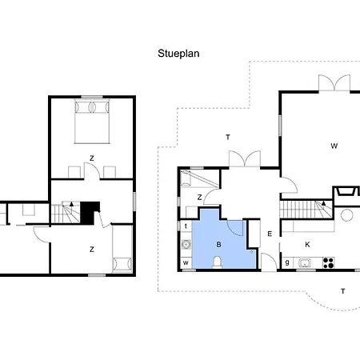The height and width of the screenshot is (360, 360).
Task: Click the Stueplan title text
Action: [178, 54]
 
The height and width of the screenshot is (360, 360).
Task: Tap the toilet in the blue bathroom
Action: [218, 262]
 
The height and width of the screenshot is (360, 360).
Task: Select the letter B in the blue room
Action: [218, 244]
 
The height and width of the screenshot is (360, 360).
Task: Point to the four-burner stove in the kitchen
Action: [329, 262]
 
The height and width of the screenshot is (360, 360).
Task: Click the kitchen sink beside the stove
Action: [304, 263]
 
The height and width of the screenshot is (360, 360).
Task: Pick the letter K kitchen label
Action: [307, 245]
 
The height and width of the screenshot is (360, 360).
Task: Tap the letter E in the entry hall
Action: [270, 234]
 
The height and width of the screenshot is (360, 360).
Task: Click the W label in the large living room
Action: [334, 146]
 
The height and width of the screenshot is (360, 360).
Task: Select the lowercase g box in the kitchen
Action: [287, 262]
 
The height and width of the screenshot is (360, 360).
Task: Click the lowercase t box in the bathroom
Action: [186, 226]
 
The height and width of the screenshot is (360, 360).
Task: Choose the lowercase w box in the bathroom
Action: [186, 262]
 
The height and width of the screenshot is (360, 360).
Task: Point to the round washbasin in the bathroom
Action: [186, 244]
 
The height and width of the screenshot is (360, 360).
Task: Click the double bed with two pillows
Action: [92, 122]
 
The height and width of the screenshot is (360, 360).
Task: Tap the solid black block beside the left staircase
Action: [90, 212]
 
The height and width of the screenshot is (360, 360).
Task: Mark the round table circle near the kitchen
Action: [347, 215]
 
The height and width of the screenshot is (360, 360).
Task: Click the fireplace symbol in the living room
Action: [347, 191]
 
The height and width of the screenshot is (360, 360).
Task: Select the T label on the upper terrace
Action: [228, 138]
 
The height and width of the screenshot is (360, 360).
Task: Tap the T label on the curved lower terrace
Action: [343, 291]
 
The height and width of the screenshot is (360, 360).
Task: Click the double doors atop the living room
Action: [334, 83]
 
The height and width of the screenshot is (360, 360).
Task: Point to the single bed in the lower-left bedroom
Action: [122, 249]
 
